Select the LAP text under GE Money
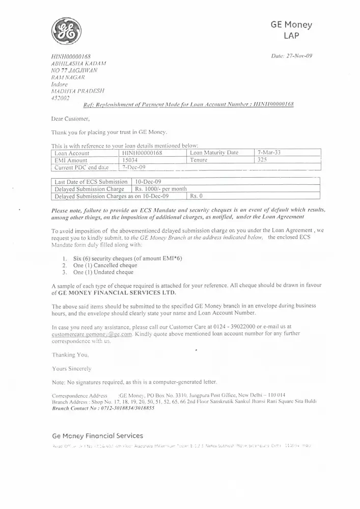291,35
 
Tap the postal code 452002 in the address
61,97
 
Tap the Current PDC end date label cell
81,167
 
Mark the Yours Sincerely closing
71,367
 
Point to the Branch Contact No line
103,408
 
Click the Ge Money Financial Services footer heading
98,436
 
